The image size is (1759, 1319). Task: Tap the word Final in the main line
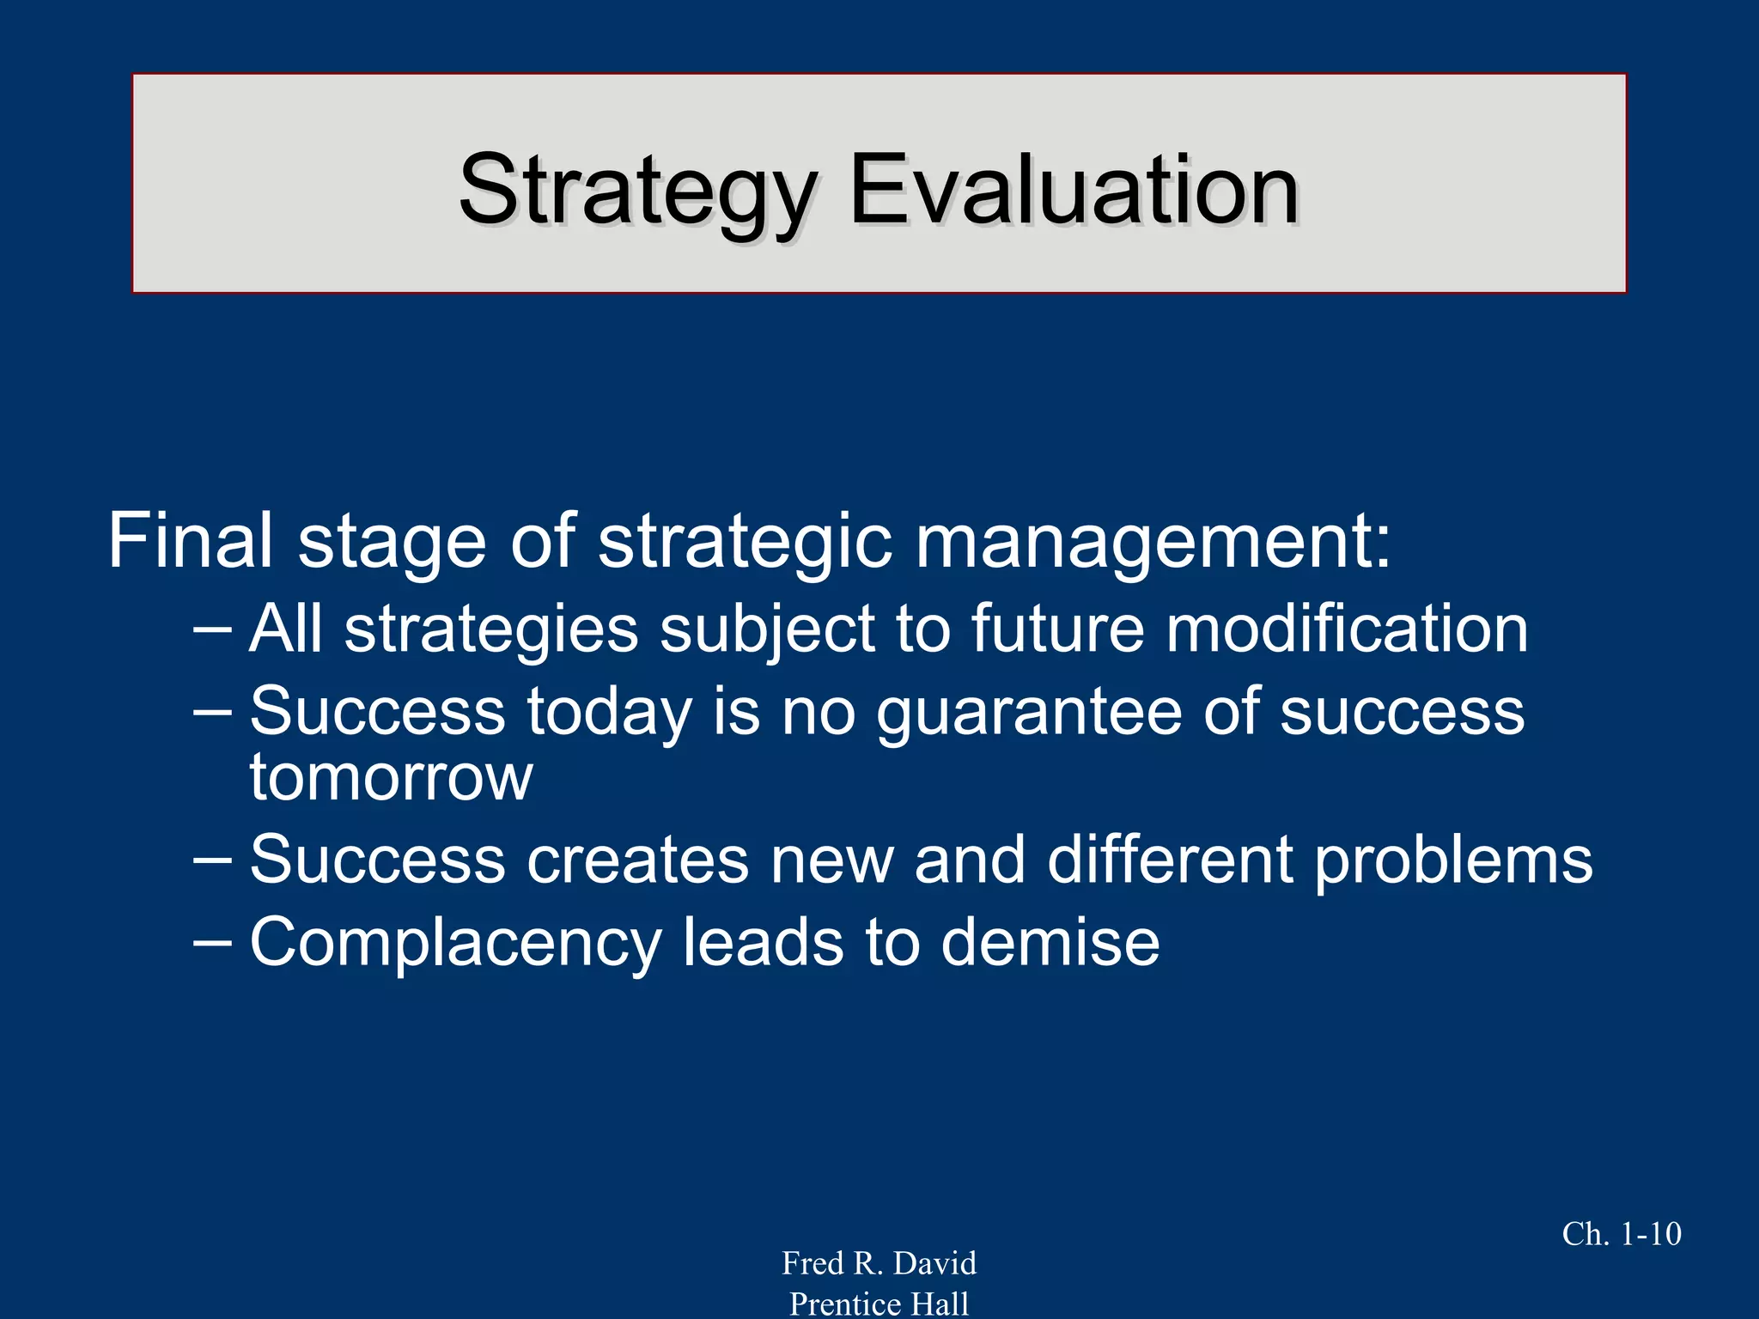191,540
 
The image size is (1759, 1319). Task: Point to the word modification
1347,629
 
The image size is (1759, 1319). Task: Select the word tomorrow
391,778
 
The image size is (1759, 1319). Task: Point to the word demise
1050,942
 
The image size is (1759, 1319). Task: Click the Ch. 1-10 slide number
1621,1234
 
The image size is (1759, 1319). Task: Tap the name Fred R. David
879,1263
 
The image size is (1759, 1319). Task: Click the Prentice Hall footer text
879,1304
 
